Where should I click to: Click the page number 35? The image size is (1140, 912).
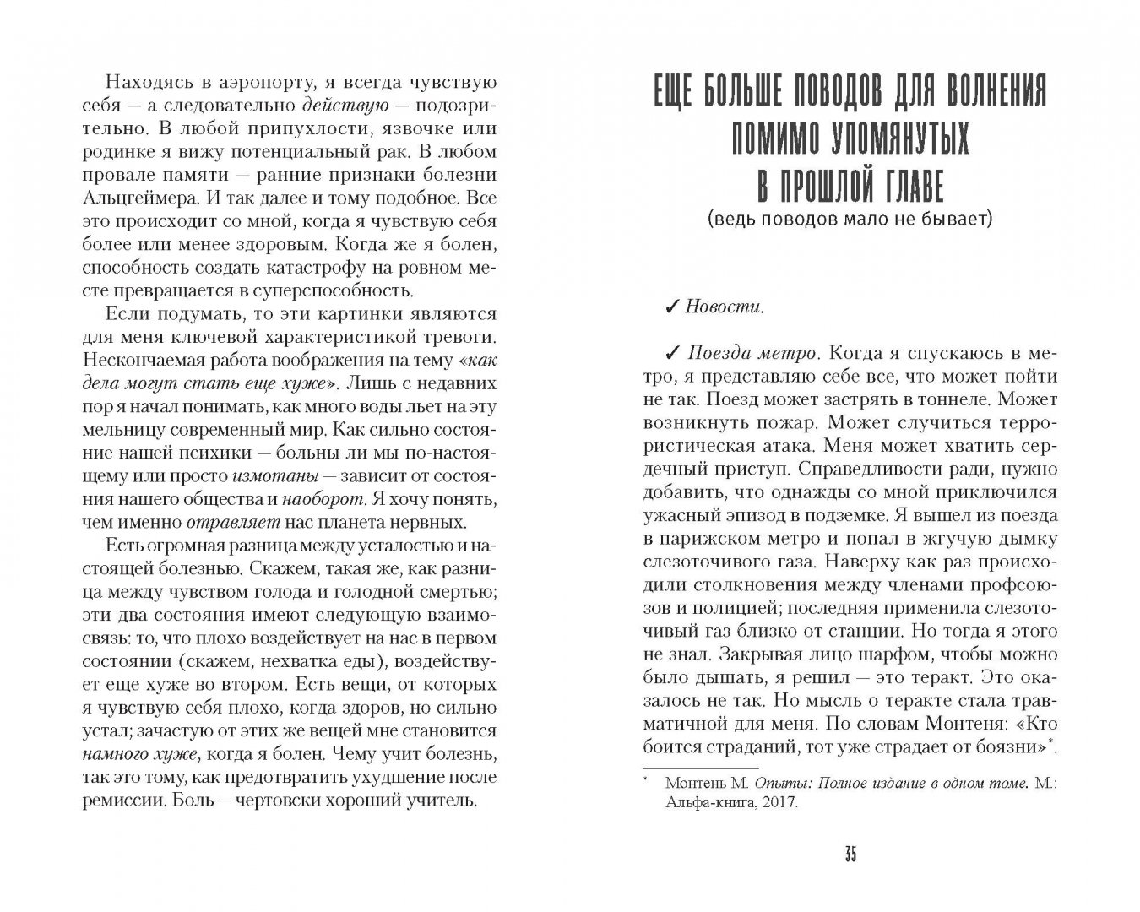850,855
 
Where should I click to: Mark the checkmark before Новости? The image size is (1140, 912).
672,307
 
